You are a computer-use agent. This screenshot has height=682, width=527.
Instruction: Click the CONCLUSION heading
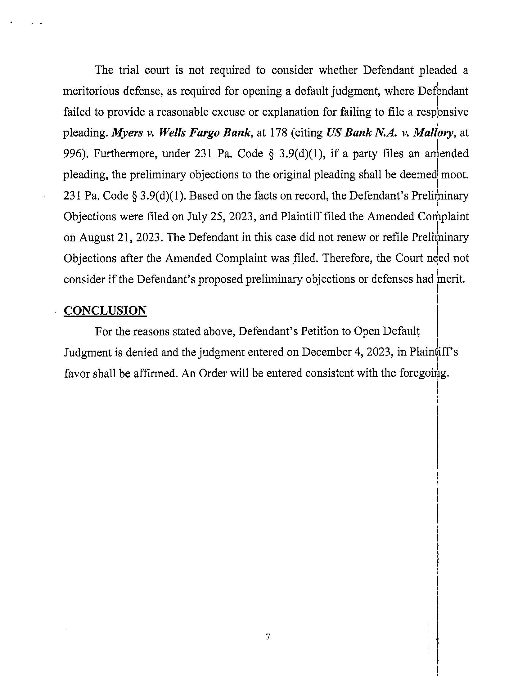(105, 311)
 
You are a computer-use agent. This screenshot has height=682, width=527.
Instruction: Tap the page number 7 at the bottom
(268, 637)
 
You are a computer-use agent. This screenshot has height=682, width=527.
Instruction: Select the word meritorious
(90, 92)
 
